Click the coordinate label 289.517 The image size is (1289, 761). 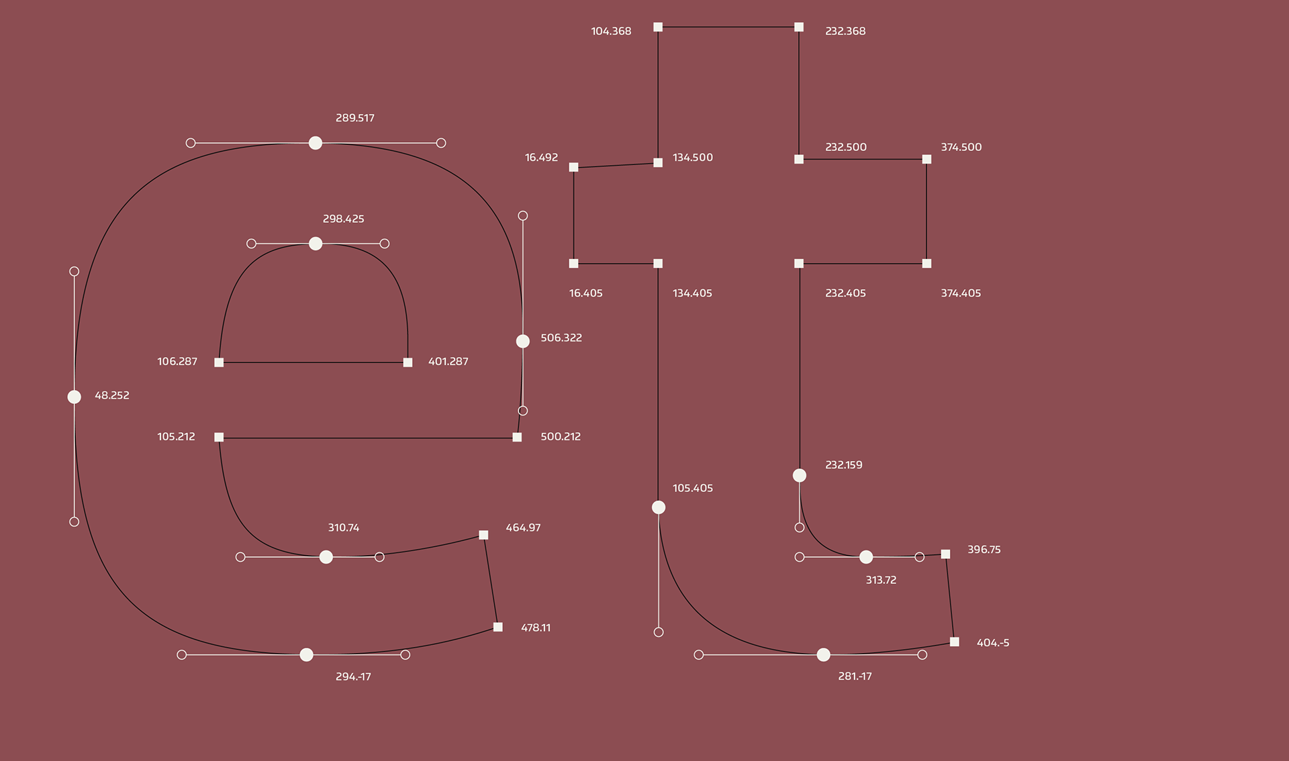[x=354, y=118]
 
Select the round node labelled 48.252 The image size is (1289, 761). [x=75, y=397]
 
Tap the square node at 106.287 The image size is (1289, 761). [x=219, y=362]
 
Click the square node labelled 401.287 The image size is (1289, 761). [x=408, y=362]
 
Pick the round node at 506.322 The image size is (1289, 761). [x=523, y=341]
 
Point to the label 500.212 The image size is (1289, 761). [x=561, y=437]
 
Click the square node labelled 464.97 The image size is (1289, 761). [x=483, y=535]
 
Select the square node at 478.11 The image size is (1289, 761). [x=498, y=627]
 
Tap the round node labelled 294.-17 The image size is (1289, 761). [x=306, y=654]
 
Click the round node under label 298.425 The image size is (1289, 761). [x=316, y=244]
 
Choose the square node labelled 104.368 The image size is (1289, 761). [x=658, y=27]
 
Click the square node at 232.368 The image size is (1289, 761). [x=799, y=27]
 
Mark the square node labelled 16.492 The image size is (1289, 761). [x=573, y=167]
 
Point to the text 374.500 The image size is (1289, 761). [x=961, y=147]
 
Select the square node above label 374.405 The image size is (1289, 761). [x=926, y=264]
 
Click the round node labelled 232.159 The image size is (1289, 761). [x=800, y=475]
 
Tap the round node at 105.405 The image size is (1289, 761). [x=659, y=507]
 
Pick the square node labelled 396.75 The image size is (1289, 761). [x=945, y=554]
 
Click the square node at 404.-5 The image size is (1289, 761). [x=955, y=642]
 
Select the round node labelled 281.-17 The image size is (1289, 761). [x=824, y=654]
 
